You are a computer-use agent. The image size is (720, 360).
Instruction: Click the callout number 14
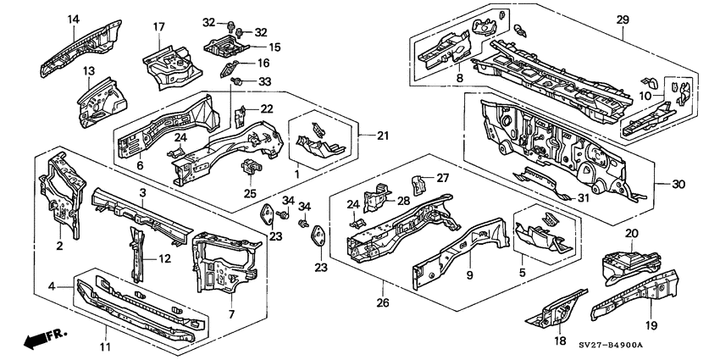[x=73, y=19]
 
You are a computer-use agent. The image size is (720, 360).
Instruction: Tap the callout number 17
[x=158, y=27]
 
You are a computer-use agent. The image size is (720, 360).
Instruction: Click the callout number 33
[x=264, y=81]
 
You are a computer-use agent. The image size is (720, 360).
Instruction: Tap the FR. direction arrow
[x=45, y=340]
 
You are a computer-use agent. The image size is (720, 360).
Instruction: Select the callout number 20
[x=631, y=234]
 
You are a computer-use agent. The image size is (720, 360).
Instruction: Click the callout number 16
[x=263, y=63]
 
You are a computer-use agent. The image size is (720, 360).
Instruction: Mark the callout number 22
[x=267, y=108]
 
